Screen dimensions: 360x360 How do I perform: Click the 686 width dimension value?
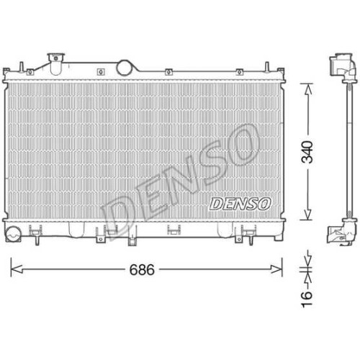(x=142, y=269)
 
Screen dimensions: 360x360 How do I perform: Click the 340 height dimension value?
(x=307, y=152)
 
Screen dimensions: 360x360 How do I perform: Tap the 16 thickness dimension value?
(x=307, y=299)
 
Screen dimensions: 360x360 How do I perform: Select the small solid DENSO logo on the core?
(x=240, y=204)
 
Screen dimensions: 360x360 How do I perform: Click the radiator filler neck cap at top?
(x=56, y=58)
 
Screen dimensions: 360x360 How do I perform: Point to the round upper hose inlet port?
(x=125, y=68)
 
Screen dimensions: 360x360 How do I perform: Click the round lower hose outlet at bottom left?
(x=13, y=234)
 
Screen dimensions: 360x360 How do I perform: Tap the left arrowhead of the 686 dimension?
(x=17, y=269)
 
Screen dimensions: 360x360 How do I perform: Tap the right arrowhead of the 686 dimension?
(x=276, y=269)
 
